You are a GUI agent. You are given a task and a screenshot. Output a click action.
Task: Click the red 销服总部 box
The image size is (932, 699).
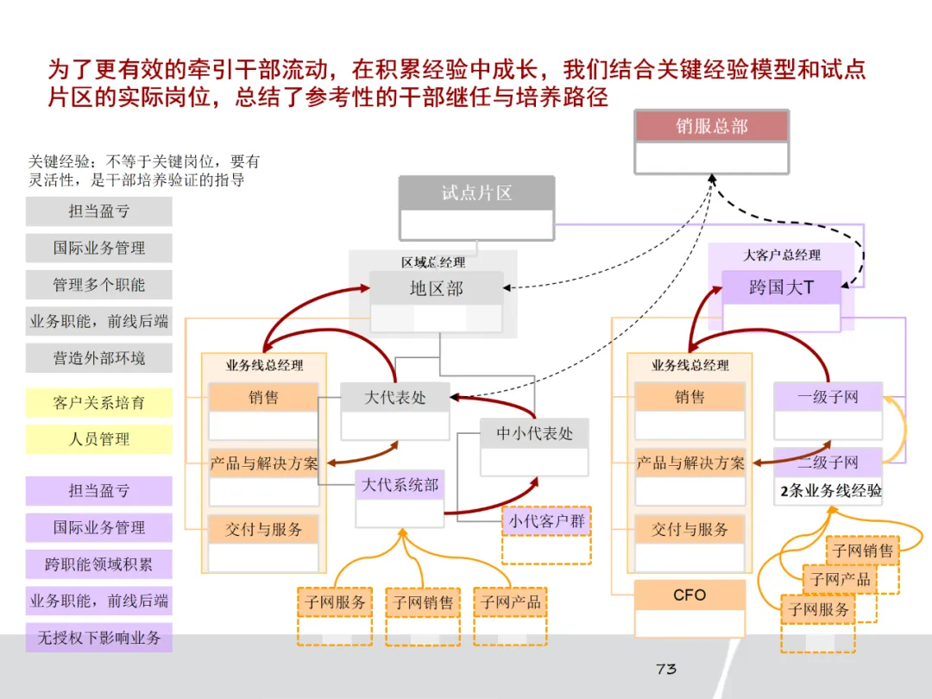pos(712,127)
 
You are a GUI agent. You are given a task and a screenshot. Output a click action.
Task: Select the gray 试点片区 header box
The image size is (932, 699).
pos(476,193)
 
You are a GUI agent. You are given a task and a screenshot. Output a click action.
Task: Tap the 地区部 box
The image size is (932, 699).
pos(436,288)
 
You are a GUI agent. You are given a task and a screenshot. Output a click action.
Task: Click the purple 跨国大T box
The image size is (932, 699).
pos(781,287)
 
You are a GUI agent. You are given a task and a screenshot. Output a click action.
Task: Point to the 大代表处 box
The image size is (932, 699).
pos(394,398)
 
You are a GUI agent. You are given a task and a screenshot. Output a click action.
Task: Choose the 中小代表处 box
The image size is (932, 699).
pos(534,433)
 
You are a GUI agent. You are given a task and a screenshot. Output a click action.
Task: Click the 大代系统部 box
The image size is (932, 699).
pos(400,485)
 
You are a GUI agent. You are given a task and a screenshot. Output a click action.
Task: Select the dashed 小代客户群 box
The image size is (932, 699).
pos(546,521)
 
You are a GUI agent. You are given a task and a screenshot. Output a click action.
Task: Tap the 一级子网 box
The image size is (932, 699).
pos(828,397)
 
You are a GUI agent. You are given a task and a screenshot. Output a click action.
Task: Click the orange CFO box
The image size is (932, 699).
pos(690,595)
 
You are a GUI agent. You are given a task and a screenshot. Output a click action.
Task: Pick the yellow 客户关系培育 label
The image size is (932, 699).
pos(99,403)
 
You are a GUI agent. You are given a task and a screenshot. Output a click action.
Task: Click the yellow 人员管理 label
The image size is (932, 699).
pos(99,439)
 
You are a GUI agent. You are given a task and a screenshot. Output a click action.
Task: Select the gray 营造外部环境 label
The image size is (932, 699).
pos(99,358)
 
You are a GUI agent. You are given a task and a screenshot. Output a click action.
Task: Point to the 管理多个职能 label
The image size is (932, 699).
pos(99,285)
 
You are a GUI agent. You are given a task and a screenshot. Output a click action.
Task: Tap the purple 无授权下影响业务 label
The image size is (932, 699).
pos(99,639)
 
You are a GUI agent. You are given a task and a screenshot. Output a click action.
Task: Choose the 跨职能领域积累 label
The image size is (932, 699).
pos(99,564)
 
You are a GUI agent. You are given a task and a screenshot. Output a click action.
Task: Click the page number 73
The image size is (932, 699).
pos(665,669)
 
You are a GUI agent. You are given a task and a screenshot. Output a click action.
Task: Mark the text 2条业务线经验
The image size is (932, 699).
pos(830,491)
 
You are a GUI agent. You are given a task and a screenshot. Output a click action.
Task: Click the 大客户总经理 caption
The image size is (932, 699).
pos(782,255)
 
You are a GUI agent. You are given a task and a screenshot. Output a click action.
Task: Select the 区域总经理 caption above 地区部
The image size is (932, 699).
pos(433,262)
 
